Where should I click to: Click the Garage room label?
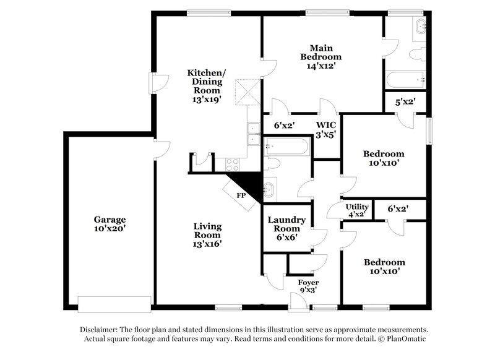click(110, 220)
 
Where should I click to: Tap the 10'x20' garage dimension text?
click(110, 229)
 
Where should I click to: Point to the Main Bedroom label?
click(322, 52)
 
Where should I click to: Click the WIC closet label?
click(325, 125)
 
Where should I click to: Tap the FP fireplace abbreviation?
click(241, 195)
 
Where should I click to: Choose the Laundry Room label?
click(286, 225)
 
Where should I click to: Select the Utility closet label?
click(357, 207)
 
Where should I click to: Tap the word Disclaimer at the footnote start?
click(99, 330)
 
